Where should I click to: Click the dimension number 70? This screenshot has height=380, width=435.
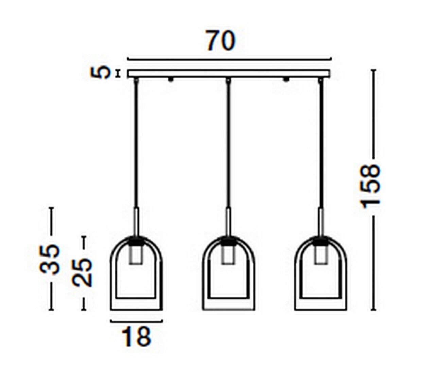tap(221, 41)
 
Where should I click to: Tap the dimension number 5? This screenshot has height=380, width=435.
tap(101, 73)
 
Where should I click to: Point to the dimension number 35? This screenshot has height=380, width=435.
tap(50, 259)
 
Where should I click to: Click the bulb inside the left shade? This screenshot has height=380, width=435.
tap(136, 255)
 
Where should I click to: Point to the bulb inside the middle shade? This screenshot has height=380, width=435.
tap(228, 255)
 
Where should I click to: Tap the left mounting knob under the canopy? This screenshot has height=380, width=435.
tap(170, 80)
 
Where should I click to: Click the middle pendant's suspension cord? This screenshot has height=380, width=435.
tap(228, 142)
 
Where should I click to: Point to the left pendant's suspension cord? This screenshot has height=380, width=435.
tap(136, 142)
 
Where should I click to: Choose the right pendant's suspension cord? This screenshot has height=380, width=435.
tap(320, 142)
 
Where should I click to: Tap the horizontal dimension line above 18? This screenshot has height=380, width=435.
tap(136, 320)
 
